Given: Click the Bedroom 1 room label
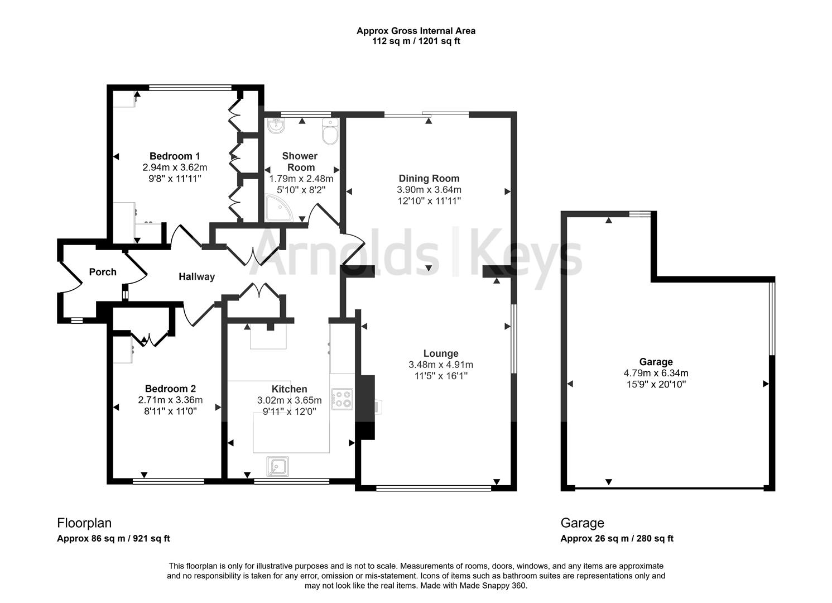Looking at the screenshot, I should click(x=175, y=156).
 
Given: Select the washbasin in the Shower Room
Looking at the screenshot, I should click(x=276, y=127).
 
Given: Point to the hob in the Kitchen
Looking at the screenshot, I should click(x=342, y=399).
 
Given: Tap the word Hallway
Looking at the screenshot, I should click(x=196, y=276).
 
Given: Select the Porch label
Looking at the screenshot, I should click(x=103, y=272).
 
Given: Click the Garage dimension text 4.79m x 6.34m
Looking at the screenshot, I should click(x=656, y=373).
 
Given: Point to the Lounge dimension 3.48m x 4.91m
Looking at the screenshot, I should click(x=441, y=365).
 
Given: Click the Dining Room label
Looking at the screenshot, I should click(x=429, y=179).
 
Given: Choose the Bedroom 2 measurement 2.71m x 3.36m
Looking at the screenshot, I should click(x=170, y=400).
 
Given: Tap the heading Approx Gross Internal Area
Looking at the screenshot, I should click(x=416, y=31).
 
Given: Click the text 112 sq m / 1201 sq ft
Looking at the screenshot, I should click(x=416, y=41).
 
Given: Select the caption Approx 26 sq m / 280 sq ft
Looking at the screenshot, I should click(x=617, y=538).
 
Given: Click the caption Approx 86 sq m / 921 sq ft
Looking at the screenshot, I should click(x=113, y=538).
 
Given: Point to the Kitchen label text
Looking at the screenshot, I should click(x=289, y=389).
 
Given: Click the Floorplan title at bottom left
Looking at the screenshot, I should click(x=84, y=523).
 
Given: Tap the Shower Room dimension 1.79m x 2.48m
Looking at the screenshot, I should click(x=301, y=179).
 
